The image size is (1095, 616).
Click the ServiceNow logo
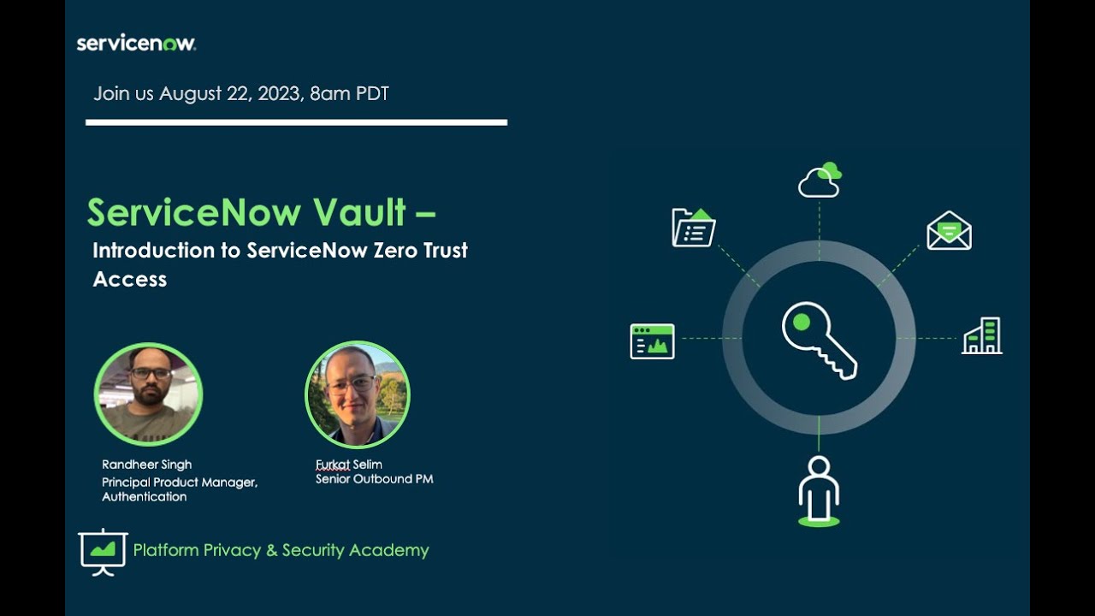pos(136,43)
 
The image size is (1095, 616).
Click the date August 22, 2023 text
pos(230,93)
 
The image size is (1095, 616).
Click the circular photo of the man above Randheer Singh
pos(148,394)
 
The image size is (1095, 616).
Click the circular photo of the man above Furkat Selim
pos(358,394)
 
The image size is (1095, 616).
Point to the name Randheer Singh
pos(146,465)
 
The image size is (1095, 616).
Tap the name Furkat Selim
pos(348,465)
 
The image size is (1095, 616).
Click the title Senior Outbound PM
pos(374,479)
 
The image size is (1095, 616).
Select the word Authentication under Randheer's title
pos(144,496)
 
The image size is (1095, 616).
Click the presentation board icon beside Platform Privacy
pos(103,550)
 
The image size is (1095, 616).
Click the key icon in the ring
pos(819,339)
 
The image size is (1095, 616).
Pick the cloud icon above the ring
pos(820,181)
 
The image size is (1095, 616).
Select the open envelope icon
pos(949,230)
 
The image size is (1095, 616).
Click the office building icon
pos(982,336)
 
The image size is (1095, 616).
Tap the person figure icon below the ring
pos(819,489)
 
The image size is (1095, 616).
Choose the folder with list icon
pos(693,228)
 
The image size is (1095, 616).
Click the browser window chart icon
pos(652,341)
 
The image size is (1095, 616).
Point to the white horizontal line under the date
pos(296,122)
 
